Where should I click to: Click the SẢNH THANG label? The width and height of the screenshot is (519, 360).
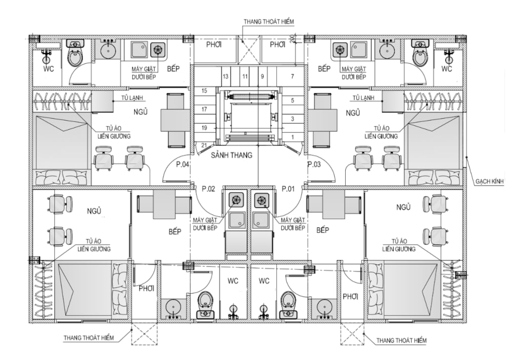(x=232, y=155)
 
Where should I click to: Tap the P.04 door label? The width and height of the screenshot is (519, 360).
(x=182, y=164)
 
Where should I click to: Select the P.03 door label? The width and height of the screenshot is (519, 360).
(x=314, y=164)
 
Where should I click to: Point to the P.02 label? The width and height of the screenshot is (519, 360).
(x=208, y=189)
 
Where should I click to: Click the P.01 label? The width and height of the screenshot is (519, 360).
(x=288, y=189)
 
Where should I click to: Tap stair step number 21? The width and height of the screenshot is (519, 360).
(x=204, y=146)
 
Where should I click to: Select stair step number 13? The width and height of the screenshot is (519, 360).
(x=226, y=77)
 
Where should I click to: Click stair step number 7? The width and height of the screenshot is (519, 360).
(x=292, y=77)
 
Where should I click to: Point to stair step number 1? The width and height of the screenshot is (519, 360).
(x=292, y=137)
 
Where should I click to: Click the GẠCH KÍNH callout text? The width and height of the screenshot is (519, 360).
(x=490, y=182)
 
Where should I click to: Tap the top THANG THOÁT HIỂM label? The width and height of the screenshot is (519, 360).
(x=269, y=22)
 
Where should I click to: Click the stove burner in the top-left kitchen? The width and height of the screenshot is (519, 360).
(x=158, y=50)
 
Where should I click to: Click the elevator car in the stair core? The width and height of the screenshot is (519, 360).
(x=250, y=117)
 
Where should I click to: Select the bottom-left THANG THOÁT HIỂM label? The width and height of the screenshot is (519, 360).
(x=89, y=338)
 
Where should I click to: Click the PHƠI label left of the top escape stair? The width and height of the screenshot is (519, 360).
(x=214, y=45)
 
